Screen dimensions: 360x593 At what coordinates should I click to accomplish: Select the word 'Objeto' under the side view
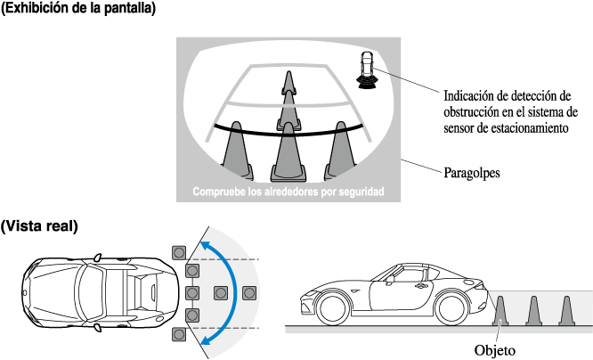[495, 349]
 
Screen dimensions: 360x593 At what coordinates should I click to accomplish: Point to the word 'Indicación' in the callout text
[472, 95]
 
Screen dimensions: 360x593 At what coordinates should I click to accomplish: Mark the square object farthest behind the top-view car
[248, 291]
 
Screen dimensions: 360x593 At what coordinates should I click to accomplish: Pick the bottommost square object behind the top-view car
[178, 335]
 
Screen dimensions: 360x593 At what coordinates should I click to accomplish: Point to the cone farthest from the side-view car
[565, 309]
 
